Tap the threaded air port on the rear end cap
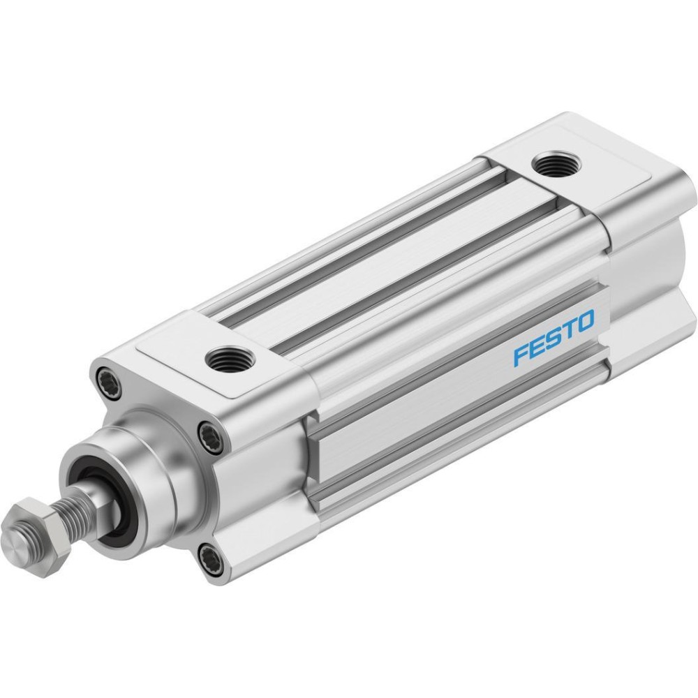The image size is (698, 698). coord(557,164)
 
